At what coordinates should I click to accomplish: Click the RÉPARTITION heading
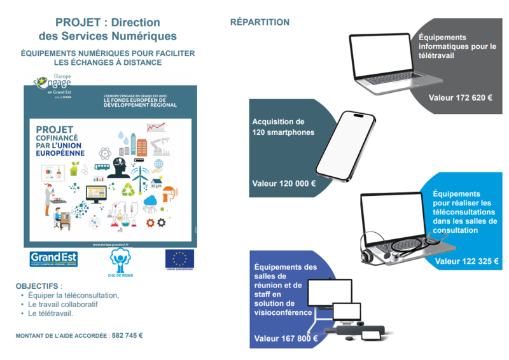coord(260,22)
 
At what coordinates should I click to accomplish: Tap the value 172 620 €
coord(461,98)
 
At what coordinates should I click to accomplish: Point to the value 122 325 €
coord(466,261)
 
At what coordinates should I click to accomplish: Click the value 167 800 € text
coord(286,338)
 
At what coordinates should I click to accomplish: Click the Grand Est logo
coord(54,258)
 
